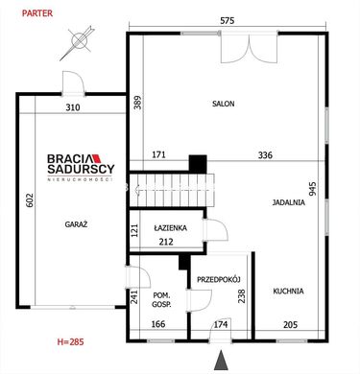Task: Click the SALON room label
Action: pos(224,104)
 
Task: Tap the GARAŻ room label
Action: pos(76,224)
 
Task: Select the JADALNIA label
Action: pos(289,202)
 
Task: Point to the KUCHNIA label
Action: pos(288,292)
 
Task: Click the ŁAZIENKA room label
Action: pos(170,228)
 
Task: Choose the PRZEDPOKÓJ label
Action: pos(219,280)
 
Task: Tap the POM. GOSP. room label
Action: pos(162,300)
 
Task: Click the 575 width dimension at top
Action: pos(228,21)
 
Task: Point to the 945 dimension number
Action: pos(313,189)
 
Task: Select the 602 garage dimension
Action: pos(30,200)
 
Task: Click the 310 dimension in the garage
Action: pos(73,107)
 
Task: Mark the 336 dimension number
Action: pos(265,155)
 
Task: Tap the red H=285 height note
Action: pos(70,341)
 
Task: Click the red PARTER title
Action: pos(37,13)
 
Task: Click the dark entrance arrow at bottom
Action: pos(221,361)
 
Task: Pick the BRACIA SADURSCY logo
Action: pos(81,168)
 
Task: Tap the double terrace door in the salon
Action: pos(250,47)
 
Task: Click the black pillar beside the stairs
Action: pos(198,164)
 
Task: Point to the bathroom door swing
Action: pos(216,229)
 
